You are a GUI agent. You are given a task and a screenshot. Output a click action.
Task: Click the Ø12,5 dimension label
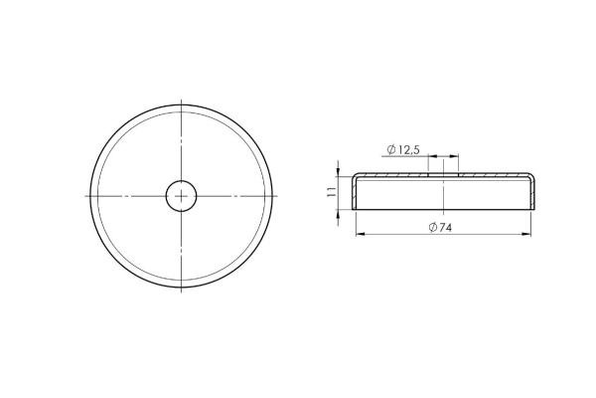(403, 149)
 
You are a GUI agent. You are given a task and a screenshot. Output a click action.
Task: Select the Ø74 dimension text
(440, 228)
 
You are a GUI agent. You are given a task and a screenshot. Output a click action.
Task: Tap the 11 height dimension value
(332, 191)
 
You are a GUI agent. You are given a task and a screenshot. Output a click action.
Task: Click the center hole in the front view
(182, 196)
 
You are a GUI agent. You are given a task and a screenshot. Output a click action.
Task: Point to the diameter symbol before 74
(432, 228)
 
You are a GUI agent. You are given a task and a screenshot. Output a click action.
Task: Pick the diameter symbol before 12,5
(391, 149)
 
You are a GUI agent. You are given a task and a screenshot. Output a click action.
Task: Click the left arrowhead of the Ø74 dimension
(360, 234)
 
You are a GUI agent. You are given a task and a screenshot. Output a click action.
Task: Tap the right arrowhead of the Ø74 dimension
(526, 234)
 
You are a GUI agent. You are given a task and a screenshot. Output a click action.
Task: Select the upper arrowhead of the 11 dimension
(338, 172)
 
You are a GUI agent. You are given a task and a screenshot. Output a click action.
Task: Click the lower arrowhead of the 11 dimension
(338, 214)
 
